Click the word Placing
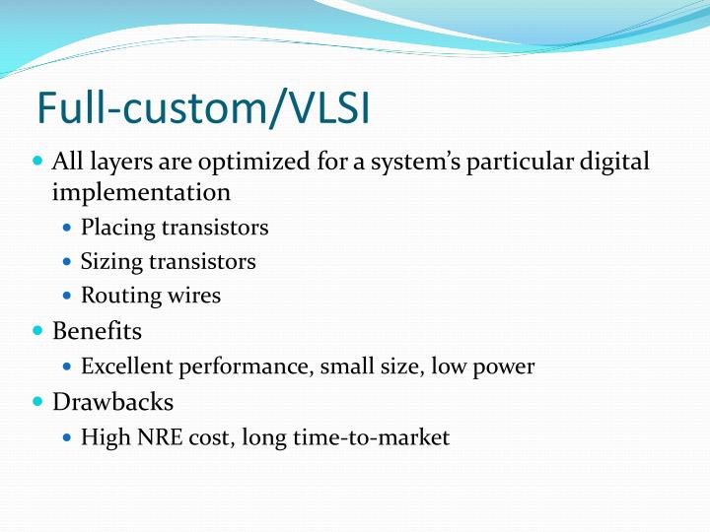[x=118, y=228]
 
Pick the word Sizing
[x=111, y=261]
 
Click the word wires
[x=194, y=295]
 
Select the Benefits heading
[x=97, y=331]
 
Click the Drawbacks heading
[x=112, y=402]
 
